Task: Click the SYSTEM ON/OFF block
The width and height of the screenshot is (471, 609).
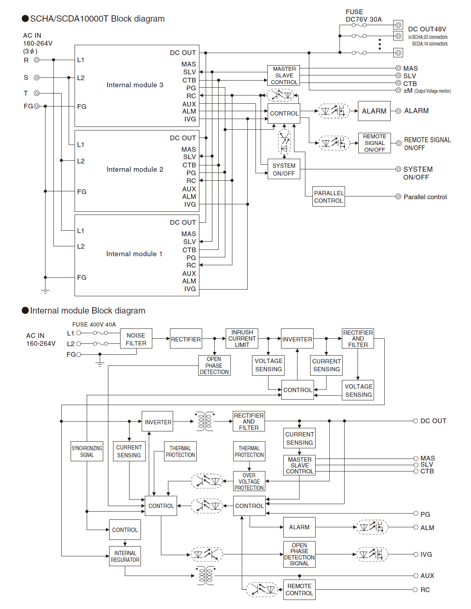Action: tap(284, 169)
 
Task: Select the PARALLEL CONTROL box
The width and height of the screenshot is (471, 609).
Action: tap(329, 197)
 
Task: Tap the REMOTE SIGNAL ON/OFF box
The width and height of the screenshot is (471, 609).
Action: tap(374, 143)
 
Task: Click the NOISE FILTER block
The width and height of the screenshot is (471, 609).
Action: tap(136, 339)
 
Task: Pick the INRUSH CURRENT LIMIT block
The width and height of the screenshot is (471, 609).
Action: tap(242, 338)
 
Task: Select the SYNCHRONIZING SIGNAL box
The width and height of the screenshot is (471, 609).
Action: tap(87, 451)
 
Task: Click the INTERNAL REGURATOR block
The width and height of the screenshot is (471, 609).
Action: tap(125, 556)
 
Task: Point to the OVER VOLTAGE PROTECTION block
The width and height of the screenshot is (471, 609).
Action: tap(249, 481)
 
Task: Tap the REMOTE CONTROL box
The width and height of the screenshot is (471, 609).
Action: tap(299, 590)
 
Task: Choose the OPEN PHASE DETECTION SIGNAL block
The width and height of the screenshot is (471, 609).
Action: tap(299, 554)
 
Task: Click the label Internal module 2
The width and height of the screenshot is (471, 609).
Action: tap(135, 169)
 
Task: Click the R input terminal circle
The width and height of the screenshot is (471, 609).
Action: tap(37, 60)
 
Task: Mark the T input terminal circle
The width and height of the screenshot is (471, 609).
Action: tap(37, 93)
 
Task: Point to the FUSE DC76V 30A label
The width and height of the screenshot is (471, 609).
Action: tap(363, 16)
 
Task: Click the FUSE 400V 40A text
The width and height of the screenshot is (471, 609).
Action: tap(94, 325)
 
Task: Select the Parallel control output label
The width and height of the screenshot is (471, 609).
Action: tap(425, 197)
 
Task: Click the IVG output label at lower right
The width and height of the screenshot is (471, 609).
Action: tap(426, 554)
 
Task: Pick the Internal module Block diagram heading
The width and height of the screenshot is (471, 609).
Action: tap(88, 311)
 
